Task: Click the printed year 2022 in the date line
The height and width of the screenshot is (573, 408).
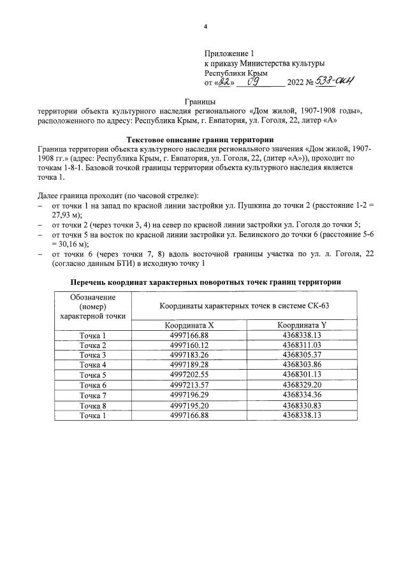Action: [297, 83]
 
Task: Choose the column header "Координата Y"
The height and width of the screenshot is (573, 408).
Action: [302, 324]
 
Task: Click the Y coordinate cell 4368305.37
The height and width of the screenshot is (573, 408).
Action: [302, 355]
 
